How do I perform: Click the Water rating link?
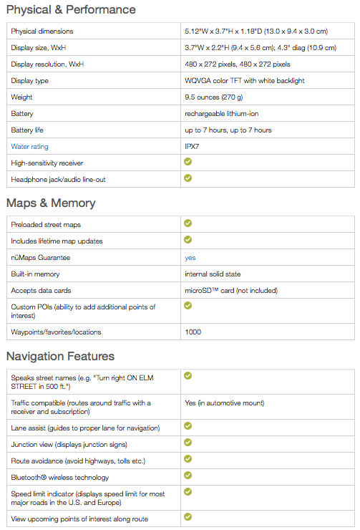pos(30,147)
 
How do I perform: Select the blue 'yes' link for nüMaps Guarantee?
pos(190,258)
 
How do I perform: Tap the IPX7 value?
pos(192,147)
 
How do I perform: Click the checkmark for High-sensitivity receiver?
pos(188,162)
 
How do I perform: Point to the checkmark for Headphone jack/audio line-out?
pos(188,178)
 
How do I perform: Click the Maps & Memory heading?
pos(51,203)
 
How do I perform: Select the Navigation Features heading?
pos(60,356)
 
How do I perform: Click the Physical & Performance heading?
pos(71,9)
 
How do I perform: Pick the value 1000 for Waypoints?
pos(193,332)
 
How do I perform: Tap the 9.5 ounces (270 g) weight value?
pos(214,97)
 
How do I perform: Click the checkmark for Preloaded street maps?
pos(188,223)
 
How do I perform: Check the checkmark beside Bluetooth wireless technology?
pos(188,476)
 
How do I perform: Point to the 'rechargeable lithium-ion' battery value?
pos(222,114)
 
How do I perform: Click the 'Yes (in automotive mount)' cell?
pos(225,403)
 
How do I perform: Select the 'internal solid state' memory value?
pos(213,274)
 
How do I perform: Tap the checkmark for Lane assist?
pos(188,426)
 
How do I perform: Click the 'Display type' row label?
pos(30,81)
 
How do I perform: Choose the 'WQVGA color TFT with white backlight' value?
pos(245,81)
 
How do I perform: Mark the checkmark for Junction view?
pos(188,443)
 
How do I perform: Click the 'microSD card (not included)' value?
pos(231,291)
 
